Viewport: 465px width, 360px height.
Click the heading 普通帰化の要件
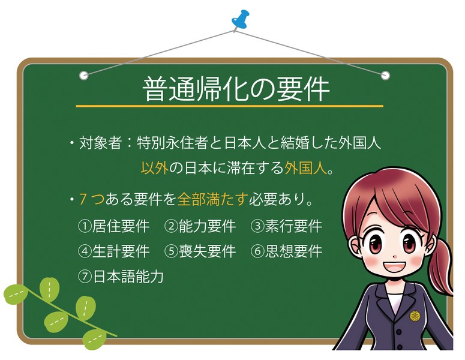pos(236,89)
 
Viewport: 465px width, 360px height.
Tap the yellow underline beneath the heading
pos(229,106)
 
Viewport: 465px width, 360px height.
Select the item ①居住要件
pos(113,226)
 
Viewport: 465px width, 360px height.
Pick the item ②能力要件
pos(200,226)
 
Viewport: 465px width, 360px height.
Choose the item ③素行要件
pos(286,226)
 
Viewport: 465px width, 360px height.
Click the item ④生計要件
pos(113,251)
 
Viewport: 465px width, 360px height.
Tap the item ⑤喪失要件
pos(200,251)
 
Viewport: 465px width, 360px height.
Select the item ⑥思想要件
pos(286,251)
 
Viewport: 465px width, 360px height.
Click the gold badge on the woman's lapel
pos(413,316)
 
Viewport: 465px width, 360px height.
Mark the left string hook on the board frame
pos(84,75)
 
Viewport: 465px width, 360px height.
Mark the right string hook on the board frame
pos(385,75)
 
